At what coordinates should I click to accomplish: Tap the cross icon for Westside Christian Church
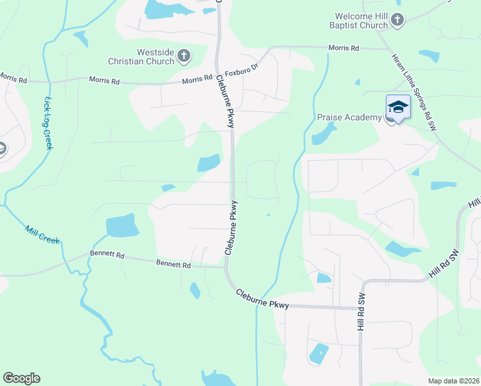coord(184,56)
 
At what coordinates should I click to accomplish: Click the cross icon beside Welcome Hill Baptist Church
coord(397,21)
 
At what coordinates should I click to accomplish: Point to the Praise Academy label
coord(349,117)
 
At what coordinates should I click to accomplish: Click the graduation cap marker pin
coord(398,108)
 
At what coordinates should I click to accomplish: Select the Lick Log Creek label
coord(48,123)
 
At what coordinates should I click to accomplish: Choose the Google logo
coord(21,378)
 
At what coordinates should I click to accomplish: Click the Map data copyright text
coord(453,381)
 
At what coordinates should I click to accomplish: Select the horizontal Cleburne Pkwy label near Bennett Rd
coord(262,300)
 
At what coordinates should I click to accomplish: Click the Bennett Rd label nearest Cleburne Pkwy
coord(174,264)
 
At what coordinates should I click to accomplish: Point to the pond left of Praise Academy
coord(322,134)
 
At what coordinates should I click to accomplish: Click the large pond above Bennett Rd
coord(122,225)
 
